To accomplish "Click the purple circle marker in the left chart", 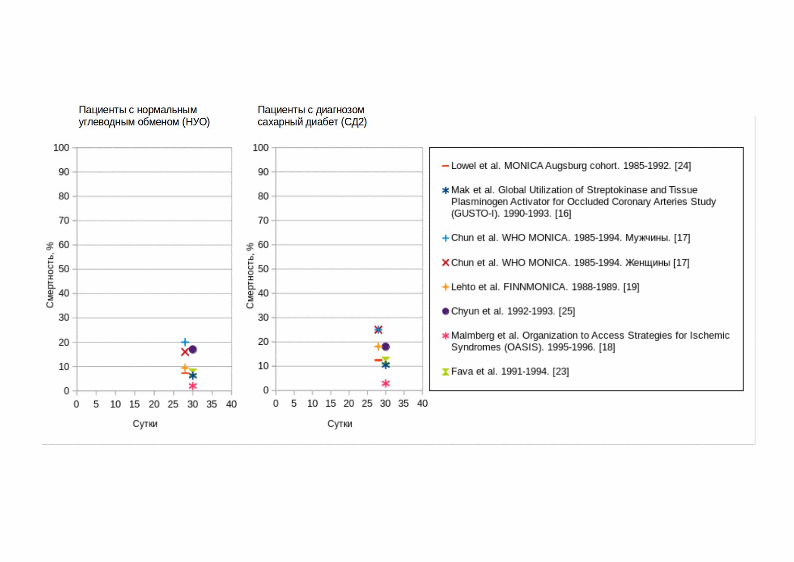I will pyautogui.click(x=193, y=349).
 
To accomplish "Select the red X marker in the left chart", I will pyautogui.click(x=185, y=352).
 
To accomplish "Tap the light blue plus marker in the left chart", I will pyautogui.click(x=185, y=342).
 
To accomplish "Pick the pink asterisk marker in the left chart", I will pyautogui.click(x=193, y=386).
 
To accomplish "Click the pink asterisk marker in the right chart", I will pyautogui.click(x=386, y=383).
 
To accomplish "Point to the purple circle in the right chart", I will pyautogui.click(x=386, y=347).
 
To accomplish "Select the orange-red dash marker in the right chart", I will pyautogui.click(x=378, y=360).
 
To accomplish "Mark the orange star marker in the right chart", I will pyautogui.click(x=378, y=346).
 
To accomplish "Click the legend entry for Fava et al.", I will pyautogui.click(x=510, y=371).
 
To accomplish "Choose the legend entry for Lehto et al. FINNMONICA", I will pyautogui.click(x=545, y=287).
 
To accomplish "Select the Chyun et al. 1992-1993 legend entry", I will pyautogui.click(x=513, y=311).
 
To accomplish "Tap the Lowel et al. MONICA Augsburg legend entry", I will pyautogui.click(x=570, y=166).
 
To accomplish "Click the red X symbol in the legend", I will pyautogui.click(x=446, y=262).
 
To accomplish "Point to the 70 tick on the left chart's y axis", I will pyautogui.click(x=64, y=220).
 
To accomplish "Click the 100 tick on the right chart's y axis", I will pyautogui.click(x=260, y=148).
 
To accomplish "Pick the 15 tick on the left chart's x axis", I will pyautogui.click(x=134, y=404).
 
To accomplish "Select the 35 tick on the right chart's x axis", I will pyautogui.click(x=403, y=403).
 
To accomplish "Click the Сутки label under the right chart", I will pyautogui.click(x=340, y=424).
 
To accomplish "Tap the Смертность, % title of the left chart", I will pyautogui.click(x=50, y=275).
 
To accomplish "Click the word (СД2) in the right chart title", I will pyautogui.click(x=354, y=122).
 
